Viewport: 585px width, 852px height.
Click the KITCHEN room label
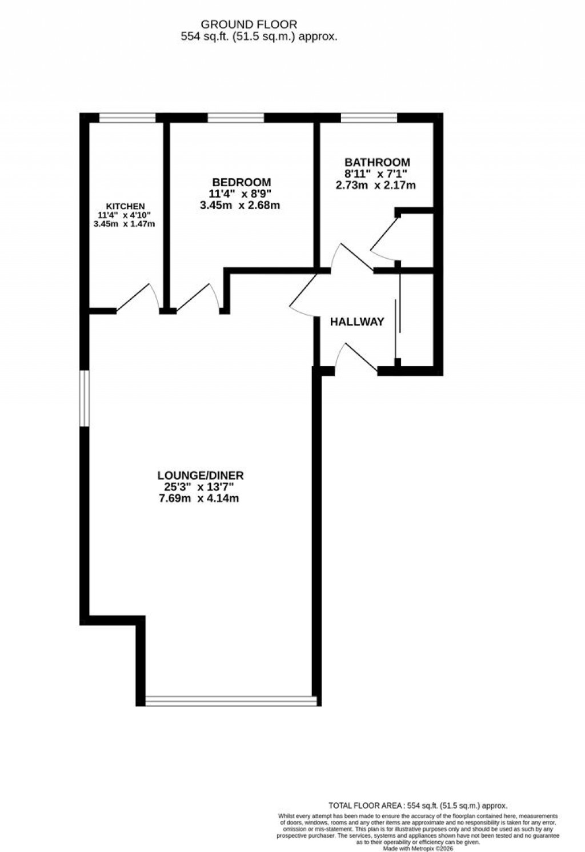[125, 206]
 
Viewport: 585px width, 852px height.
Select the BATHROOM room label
[377, 162]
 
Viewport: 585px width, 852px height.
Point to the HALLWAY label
[357, 322]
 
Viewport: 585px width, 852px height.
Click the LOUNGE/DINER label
[201, 475]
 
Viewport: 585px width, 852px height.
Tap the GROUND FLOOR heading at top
[249, 25]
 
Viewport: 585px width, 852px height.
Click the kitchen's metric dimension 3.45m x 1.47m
[125, 224]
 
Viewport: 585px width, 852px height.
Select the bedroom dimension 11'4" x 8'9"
[239, 194]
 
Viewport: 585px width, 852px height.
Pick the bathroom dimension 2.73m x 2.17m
[376, 185]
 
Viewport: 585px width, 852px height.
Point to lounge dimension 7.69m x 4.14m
[198, 499]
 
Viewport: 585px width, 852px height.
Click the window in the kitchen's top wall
[127, 118]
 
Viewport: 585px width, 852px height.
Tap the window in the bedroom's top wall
[235, 118]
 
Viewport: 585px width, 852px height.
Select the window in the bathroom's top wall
[369, 118]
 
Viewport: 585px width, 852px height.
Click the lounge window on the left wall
[85, 398]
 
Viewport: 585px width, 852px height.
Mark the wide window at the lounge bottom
[231, 701]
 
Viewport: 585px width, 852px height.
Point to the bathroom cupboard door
[384, 236]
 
